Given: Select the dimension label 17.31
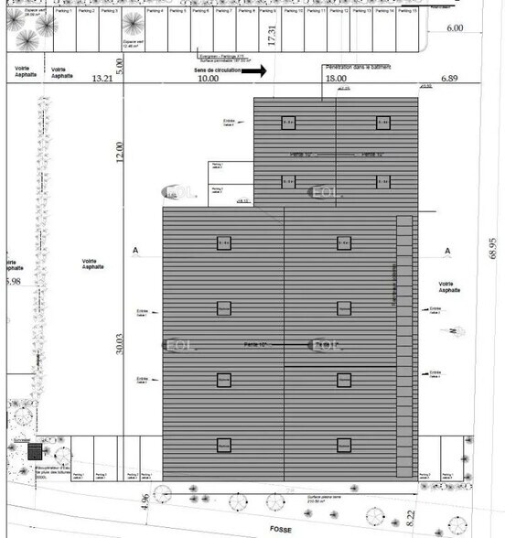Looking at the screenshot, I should tap(271, 37).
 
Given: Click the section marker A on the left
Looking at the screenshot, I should tap(135, 251).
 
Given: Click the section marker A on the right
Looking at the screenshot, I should tap(447, 251).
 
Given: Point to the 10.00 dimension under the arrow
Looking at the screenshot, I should tap(209, 80).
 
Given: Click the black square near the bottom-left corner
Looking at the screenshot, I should tap(35, 452).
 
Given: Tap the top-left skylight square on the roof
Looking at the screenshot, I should tap(287, 122).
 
